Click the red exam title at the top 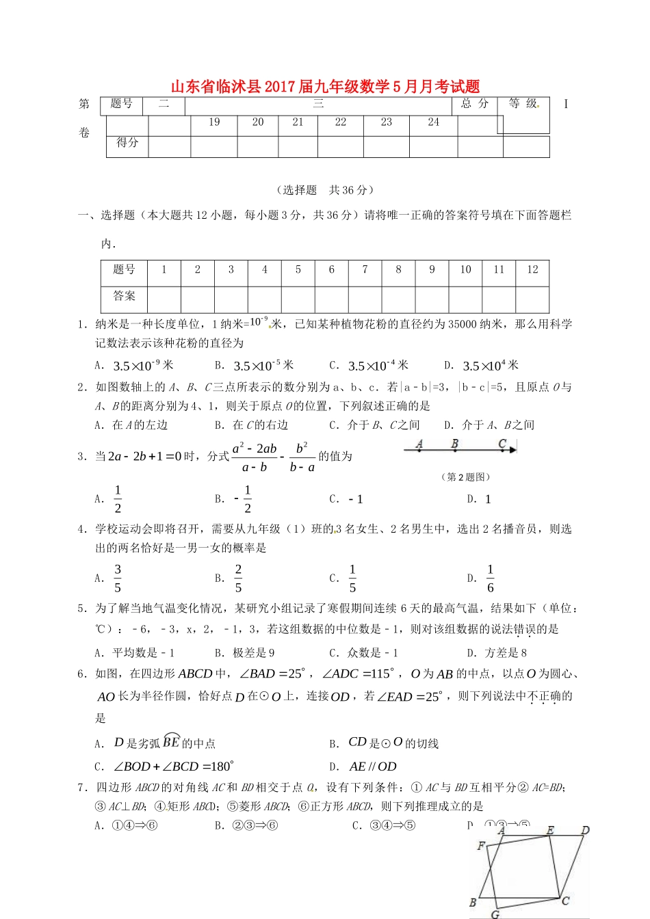click(325, 87)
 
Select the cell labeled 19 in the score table click(214, 122)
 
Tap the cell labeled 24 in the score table click(433, 122)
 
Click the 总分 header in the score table click(475, 104)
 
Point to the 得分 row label click(127, 143)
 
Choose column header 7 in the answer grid click(365, 269)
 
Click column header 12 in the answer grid click(532, 269)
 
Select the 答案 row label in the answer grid click(125, 296)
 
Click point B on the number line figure click(454, 444)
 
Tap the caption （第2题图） click(465, 477)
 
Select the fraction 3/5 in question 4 click(118, 578)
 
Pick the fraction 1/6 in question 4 click(490, 578)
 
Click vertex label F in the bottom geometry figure click(481, 846)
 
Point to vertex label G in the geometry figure click(495, 914)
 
